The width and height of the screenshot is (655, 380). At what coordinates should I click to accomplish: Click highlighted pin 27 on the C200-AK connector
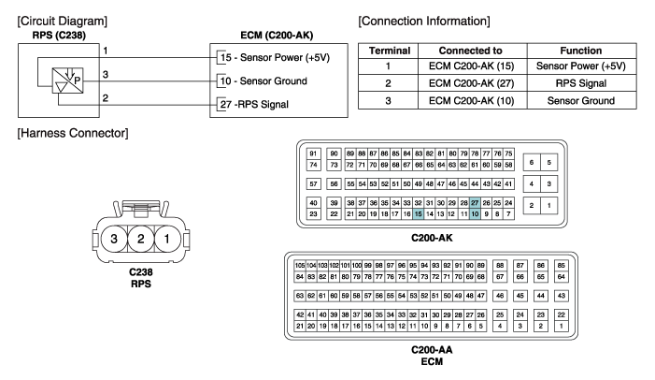click(475, 202)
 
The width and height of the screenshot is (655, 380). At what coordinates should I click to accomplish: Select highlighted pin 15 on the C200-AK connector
click(418, 214)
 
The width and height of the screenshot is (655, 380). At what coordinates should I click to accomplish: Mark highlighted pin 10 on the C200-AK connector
click(475, 214)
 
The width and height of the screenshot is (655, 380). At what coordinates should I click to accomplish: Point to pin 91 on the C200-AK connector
click(314, 153)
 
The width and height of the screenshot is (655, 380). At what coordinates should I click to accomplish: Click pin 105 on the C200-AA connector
click(300, 265)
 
